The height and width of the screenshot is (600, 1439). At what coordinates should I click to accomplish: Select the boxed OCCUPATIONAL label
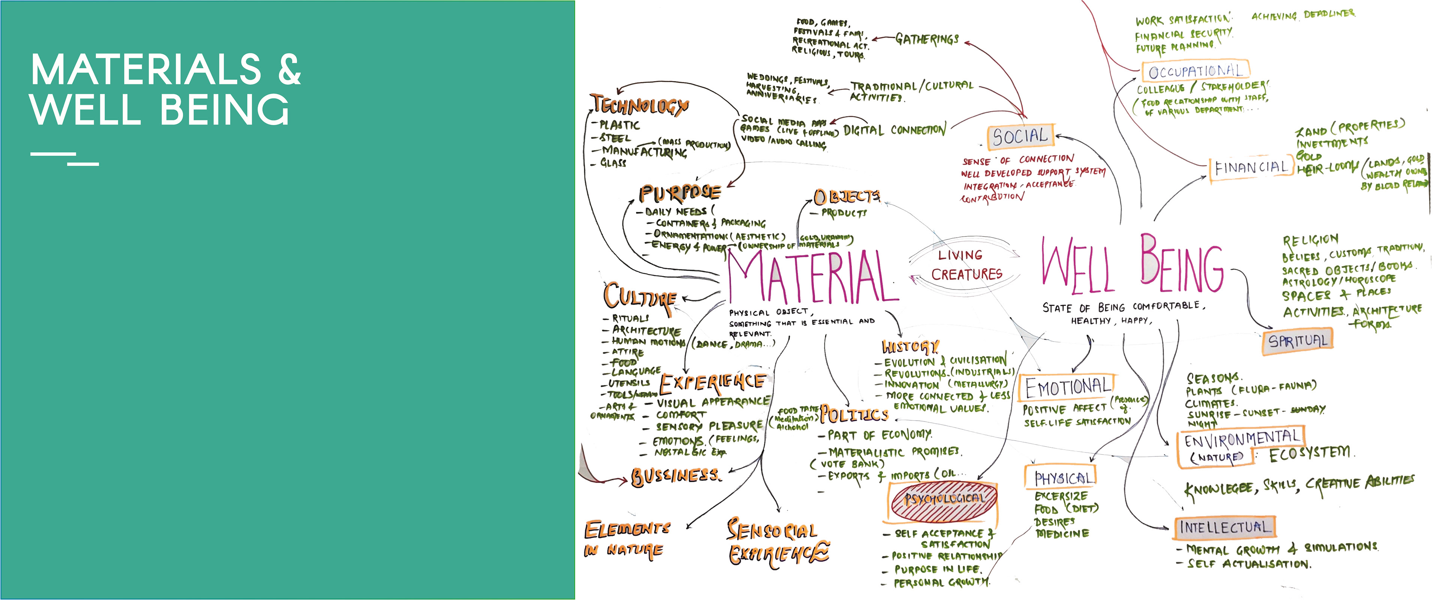pyautogui.click(x=1195, y=71)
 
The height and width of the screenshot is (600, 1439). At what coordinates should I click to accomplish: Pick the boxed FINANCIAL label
pyautogui.click(x=1251, y=167)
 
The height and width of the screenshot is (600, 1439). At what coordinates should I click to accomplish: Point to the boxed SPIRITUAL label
pyautogui.click(x=1297, y=340)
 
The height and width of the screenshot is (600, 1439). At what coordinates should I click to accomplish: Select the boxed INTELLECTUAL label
pyautogui.click(x=1224, y=527)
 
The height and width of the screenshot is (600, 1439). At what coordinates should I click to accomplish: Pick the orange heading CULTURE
pyautogui.click(x=640, y=296)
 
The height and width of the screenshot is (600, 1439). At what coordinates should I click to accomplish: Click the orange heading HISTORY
pyautogui.click(x=910, y=347)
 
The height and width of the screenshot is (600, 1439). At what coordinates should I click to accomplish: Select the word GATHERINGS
pyautogui.click(x=927, y=39)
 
